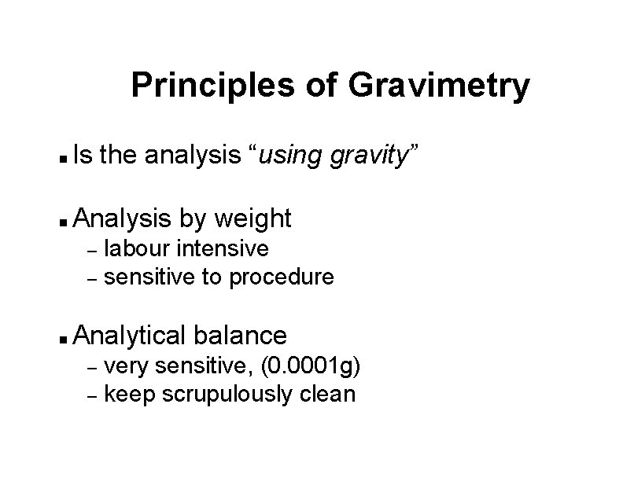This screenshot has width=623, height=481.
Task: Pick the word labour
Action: pyautogui.click(x=138, y=249)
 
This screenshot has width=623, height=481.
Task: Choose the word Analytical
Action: pyautogui.click(x=129, y=336)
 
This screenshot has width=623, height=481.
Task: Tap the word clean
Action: pyautogui.click(x=328, y=395)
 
